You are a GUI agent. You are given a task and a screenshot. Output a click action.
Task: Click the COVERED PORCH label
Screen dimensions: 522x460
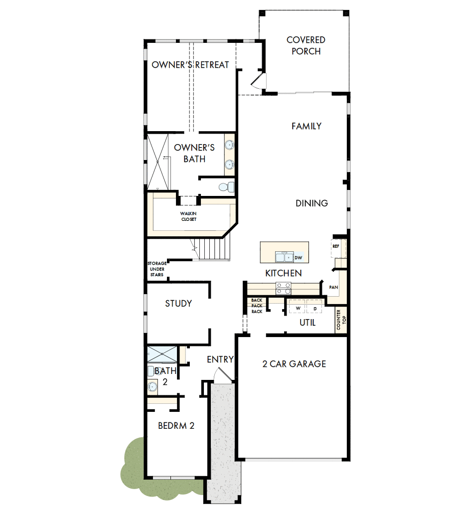pos(306,45)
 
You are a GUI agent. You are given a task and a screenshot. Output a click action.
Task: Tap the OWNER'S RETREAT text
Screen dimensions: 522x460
pos(190,65)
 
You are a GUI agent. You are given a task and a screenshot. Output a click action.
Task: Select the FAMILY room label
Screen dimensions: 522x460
pos(306,126)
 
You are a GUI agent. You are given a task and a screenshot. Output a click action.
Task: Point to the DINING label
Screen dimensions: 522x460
pos(311,203)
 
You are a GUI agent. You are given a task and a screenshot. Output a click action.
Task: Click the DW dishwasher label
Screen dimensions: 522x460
pos(298,258)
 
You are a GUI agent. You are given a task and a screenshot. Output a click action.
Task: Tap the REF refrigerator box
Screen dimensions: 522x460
pos(336,246)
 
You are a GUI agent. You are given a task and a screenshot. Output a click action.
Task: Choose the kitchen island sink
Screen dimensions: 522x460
pos(285,257)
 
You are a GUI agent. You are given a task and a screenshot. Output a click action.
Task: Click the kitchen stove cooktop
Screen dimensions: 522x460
pos(284,288)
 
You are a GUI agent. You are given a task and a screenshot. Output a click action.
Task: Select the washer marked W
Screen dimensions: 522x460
pos(298,309)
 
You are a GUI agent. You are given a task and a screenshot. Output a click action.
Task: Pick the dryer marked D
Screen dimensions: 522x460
pos(315,309)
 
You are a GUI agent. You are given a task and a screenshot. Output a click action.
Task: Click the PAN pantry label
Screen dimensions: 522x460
pos(333,288)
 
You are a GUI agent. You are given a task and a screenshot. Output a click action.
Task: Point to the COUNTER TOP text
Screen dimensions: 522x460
pos(341,320)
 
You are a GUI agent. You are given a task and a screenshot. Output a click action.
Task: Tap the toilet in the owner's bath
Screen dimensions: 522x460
pos(226,187)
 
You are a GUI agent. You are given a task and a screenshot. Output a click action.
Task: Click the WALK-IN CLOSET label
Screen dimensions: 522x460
pos(188,216)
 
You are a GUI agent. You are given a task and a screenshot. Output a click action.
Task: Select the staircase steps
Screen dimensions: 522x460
pos(213,248)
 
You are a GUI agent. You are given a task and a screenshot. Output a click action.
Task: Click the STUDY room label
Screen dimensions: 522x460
pos(178,303)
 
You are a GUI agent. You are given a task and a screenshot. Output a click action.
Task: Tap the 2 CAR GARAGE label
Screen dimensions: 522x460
pos(294,363)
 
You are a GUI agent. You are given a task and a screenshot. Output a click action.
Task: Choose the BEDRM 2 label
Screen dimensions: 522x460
pos(176,426)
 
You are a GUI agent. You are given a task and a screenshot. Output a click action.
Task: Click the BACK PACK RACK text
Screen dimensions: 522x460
pos(257,306)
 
